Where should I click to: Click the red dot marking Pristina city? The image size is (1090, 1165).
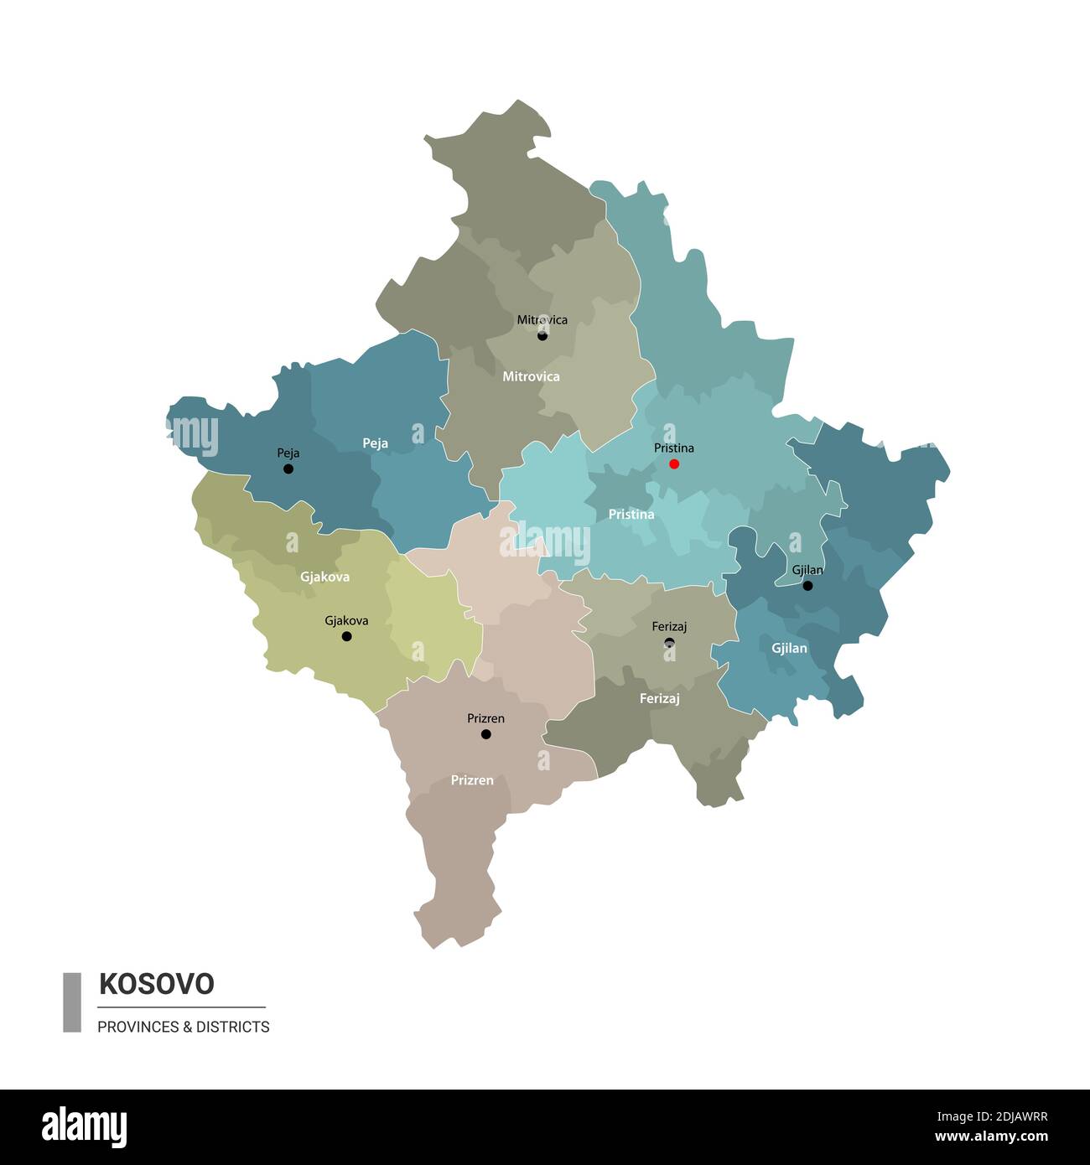(x=674, y=463)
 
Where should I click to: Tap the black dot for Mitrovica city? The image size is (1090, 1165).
(x=542, y=335)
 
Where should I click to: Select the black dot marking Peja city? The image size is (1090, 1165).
(x=288, y=469)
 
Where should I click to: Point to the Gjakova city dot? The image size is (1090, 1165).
(x=346, y=636)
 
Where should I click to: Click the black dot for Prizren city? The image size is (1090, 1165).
(x=486, y=734)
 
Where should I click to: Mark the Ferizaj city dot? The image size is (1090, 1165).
(x=669, y=643)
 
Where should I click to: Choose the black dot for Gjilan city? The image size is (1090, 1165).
(x=807, y=586)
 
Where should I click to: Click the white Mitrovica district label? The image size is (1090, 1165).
(x=531, y=376)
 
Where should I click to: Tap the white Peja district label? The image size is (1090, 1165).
(x=375, y=443)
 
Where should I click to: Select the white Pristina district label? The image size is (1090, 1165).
(x=631, y=514)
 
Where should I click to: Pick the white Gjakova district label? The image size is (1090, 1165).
(x=324, y=577)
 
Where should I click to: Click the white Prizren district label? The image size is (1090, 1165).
(x=472, y=779)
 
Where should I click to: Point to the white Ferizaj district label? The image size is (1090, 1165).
(x=659, y=697)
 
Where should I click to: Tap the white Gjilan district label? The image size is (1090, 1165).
(x=789, y=648)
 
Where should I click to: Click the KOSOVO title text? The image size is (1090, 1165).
(x=157, y=983)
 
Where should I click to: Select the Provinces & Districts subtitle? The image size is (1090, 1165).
(x=184, y=1027)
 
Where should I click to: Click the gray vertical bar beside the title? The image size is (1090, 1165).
(x=72, y=1002)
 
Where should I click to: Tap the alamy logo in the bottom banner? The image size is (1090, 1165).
(x=84, y=1126)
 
